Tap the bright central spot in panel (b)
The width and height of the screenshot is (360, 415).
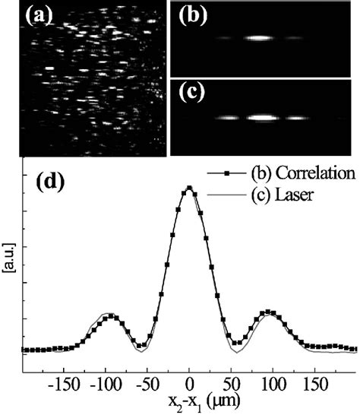pyautogui.click(x=259, y=37)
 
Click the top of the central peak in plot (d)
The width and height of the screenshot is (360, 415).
pyautogui.click(x=189, y=187)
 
